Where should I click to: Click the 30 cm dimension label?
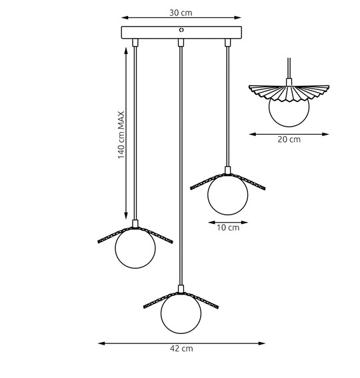pos(181,13)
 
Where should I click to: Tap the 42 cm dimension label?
pos(181,349)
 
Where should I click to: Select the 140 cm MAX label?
pos(121,135)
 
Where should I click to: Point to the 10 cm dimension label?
pos(228,227)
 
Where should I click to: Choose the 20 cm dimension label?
pos(289,139)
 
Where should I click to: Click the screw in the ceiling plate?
pos(181,30)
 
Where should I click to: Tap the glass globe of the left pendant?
pos(135,248)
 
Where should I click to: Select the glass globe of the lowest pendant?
pos(181,313)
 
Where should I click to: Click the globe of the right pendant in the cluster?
pos(227,195)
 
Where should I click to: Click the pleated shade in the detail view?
pos(289,93)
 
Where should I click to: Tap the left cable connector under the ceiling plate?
pos(135,43)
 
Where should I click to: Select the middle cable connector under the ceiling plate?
pos(181,43)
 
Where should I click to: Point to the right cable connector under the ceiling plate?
pos(227,43)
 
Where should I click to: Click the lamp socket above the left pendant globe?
pos(135,223)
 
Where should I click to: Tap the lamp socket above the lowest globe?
pos(181,289)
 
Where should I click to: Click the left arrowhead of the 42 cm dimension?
pos(101,343)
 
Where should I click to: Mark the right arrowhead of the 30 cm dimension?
pos(238,17)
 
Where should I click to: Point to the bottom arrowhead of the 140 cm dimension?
pos(126,215)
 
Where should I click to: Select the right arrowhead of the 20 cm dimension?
pos(326,134)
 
